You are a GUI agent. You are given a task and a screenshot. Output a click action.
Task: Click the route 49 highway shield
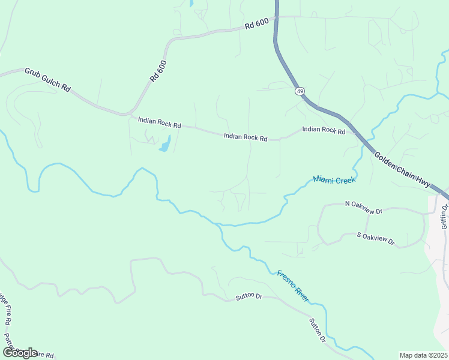(299, 91)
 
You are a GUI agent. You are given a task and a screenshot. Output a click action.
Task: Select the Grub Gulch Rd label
(47, 80)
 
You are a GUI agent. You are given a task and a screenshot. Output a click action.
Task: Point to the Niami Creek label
(334, 179)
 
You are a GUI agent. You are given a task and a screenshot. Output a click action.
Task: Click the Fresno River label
(294, 286)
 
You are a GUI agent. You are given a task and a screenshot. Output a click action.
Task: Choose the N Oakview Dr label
(364, 208)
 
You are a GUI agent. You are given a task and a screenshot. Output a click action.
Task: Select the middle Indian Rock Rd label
(245, 137)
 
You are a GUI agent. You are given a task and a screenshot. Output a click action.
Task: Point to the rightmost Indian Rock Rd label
(324, 130)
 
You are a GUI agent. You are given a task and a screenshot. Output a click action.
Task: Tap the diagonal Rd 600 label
(157, 70)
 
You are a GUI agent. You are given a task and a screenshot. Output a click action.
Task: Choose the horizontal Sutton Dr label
(249, 296)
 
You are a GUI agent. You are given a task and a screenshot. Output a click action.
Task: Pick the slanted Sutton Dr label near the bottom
(318, 331)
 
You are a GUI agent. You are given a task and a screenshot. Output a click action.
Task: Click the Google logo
(19, 352)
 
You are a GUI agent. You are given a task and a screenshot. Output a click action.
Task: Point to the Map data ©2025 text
(423, 355)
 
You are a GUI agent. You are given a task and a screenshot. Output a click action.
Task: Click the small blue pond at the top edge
(191, 3)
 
